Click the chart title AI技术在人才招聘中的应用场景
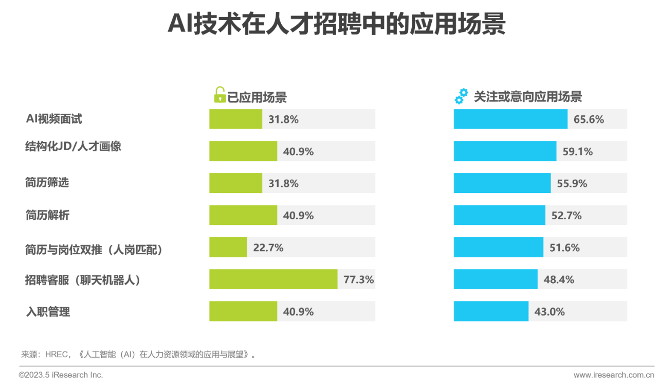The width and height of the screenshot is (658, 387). click(337, 24)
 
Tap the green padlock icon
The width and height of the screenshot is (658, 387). click(220, 95)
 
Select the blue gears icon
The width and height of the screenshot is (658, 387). click(461, 96)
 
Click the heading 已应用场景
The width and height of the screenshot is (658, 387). click(257, 97)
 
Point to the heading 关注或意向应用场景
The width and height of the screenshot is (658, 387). click(527, 97)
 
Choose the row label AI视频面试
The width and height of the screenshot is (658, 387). click(54, 119)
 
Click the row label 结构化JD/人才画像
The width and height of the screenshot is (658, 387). click(74, 147)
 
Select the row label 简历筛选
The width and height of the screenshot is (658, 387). click(47, 182)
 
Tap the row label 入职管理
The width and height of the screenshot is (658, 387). click(48, 311)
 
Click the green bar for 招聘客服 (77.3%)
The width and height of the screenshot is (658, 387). click(273, 279)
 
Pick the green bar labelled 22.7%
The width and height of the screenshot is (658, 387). click(228, 248)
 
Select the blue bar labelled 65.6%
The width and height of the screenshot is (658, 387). click(510, 119)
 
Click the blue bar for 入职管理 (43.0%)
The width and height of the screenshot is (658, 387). click(491, 311)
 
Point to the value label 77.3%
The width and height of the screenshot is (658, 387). click(358, 280)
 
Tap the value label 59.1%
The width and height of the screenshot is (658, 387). click(577, 152)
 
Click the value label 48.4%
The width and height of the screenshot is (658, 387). click(559, 280)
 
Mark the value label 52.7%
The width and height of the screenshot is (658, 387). click(566, 216)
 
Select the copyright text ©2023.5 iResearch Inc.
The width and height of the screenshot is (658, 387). click(61, 375)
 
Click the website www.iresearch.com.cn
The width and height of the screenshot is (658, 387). click(613, 375)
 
